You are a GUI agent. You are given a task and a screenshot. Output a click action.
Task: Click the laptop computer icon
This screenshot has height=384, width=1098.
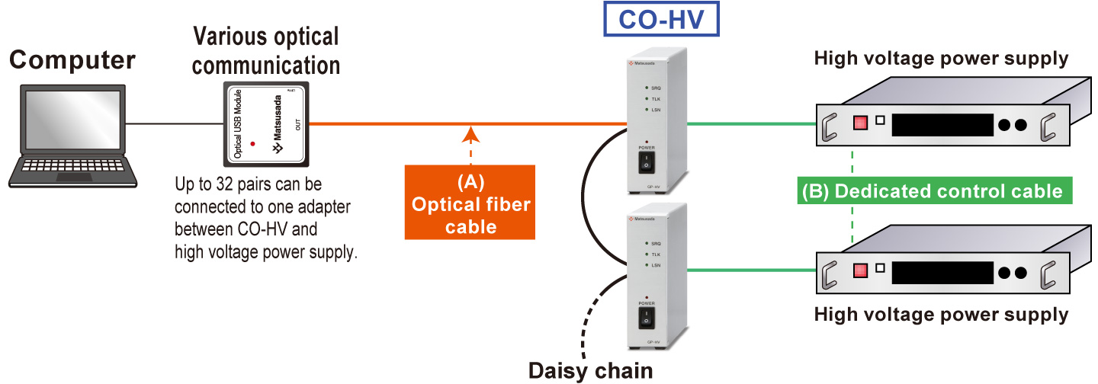point(73,137)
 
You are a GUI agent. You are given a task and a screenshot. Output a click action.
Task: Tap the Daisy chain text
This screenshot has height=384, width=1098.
point(591,371)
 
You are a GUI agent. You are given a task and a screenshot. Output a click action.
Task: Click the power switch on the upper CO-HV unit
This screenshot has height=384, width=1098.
point(647,161)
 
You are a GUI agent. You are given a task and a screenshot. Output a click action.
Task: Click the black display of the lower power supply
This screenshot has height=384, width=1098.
point(943,272)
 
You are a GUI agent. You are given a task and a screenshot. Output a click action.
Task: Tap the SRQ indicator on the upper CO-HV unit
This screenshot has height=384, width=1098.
point(647,88)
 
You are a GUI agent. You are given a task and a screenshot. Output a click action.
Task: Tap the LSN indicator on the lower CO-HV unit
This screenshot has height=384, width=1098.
point(647,264)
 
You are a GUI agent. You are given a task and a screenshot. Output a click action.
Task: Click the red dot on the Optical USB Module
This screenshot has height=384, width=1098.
point(252,143)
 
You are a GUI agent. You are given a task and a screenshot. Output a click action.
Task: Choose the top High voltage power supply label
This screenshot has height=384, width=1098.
point(941,58)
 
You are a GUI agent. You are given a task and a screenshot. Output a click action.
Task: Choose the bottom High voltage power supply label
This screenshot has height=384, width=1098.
point(941,314)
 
